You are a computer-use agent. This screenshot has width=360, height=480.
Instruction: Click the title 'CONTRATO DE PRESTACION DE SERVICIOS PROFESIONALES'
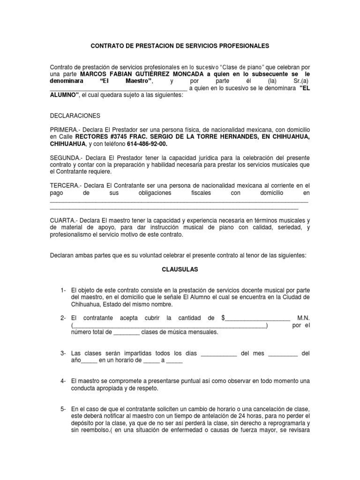click(x=180, y=46)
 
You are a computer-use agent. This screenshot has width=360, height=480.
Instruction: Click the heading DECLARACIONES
click(x=75, y=116)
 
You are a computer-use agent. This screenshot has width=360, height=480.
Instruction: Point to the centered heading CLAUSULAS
click(x=180, y=270)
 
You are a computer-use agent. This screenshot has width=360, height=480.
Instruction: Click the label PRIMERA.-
click(x=66, y=129)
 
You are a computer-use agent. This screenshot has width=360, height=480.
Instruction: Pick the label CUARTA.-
click(x=64, y=220)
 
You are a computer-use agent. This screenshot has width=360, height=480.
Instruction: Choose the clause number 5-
click(x=63, y=409)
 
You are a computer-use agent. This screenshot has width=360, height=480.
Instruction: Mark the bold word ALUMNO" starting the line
click(x=64, y=95)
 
